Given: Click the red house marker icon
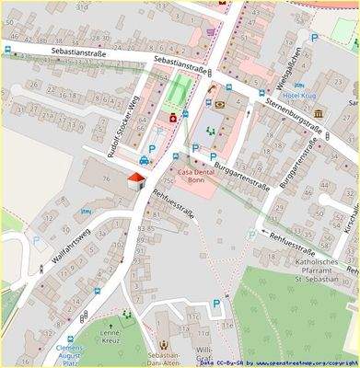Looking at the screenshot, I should pos(136,178).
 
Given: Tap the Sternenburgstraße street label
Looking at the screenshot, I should pos(293,114).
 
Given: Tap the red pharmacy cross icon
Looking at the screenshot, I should pos(172,118).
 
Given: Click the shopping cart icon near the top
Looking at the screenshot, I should pos(211,32).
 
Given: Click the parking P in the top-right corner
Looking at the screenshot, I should pos(314,39).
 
